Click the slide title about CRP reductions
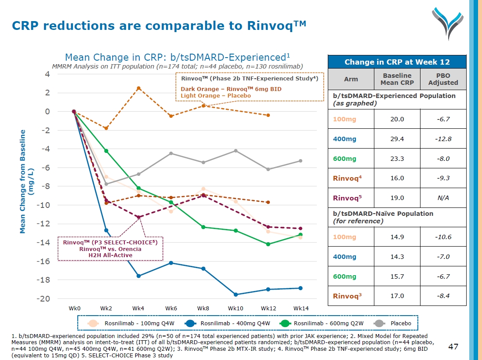point(159,25)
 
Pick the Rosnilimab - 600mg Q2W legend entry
point(317,324)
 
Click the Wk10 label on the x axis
point(236,308)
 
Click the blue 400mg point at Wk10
point(236,295)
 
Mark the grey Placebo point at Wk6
point(171,153)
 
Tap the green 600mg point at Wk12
point(268,244)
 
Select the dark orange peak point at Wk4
point(139,88)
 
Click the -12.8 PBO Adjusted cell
point(443,139)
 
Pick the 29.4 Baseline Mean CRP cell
point(397,139)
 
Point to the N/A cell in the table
point(443,198)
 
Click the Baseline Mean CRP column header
point(397,79)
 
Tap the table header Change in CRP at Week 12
point(397,62)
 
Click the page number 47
point(453,347)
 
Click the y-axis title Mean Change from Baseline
point(25,181)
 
